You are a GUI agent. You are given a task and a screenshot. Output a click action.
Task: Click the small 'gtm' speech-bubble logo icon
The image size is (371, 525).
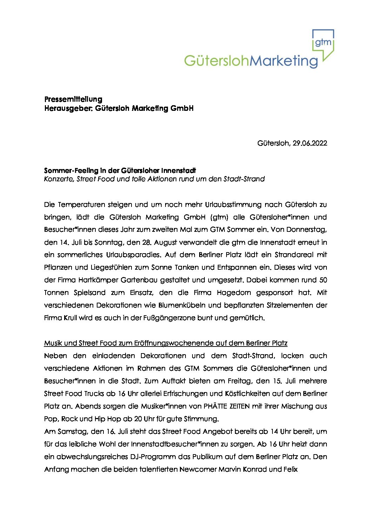point(323,42)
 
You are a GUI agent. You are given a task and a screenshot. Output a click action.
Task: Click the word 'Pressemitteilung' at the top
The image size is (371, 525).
point(73,99)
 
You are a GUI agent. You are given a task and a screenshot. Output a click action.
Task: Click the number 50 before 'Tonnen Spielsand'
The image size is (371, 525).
point(323,280)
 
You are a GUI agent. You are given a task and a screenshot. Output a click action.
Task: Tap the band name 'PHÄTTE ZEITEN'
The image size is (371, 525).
point(227,406)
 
